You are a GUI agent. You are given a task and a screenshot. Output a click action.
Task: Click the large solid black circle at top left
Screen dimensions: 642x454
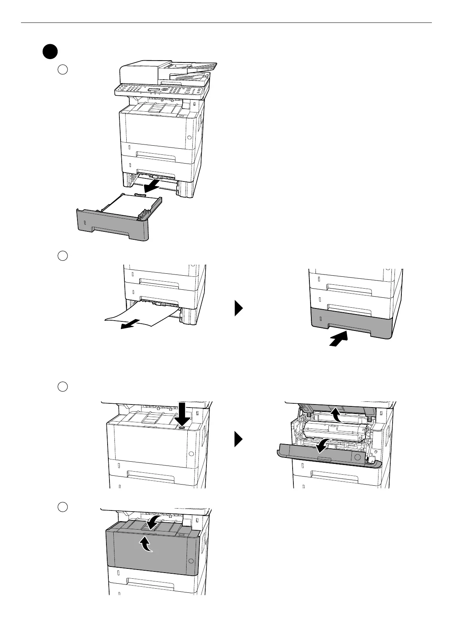click(50, 52)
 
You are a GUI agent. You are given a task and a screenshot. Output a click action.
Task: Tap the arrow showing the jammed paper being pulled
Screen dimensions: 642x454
click(129, 324)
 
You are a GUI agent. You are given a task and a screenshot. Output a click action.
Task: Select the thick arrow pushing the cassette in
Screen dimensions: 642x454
click(339, 339)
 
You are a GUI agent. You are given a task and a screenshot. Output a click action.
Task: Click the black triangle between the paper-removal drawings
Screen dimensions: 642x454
click(238, 308)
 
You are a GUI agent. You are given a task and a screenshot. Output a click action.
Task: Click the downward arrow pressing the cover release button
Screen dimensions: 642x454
click(182, 414)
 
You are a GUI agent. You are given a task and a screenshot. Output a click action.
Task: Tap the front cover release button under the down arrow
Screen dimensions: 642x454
click(182, 428)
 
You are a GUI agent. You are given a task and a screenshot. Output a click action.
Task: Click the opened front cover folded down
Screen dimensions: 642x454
click(328, 456)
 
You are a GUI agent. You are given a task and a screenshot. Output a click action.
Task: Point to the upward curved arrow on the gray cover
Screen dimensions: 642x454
click(147, 544)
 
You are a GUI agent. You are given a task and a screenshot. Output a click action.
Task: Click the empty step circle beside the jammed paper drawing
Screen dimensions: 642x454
click(63, 255)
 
